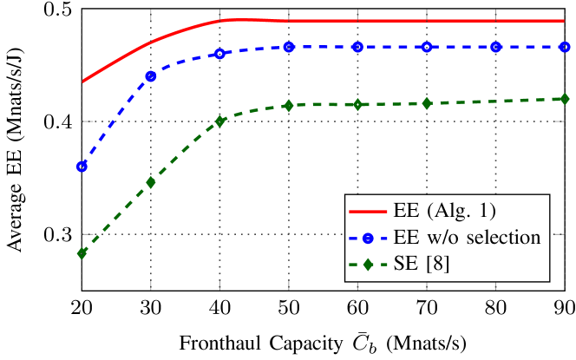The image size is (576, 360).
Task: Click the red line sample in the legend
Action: [367, 211]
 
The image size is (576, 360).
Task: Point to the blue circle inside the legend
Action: [367, 238]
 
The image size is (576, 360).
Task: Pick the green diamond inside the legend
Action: [367, 265]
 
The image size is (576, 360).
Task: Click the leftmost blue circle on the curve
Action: [82, 167]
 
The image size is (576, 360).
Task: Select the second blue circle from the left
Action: [151, 76]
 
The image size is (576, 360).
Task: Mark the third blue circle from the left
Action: [219, 54]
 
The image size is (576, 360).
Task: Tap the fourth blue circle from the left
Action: [289, 48]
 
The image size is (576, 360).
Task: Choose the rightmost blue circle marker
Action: [564, 47]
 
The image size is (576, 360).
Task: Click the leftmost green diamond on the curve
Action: [82, 253]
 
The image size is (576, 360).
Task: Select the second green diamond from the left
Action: [151, 183]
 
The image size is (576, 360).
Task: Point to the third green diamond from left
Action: [219, 121]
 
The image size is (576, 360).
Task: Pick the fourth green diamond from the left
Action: [289, 106]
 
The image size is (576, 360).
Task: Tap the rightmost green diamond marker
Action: [564, 99]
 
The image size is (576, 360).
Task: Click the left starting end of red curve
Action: [83, 82]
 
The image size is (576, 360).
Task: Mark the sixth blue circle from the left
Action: [427, 47]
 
